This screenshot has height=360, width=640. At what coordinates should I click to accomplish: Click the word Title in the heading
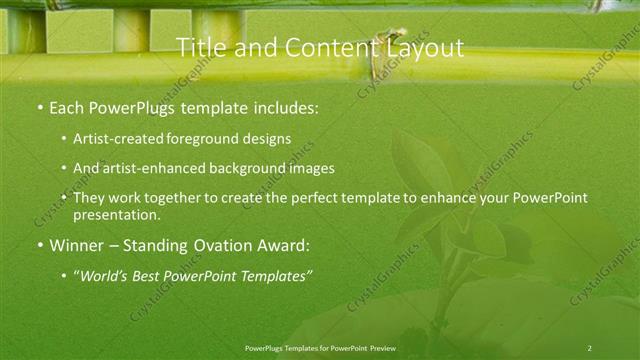coord(199,47)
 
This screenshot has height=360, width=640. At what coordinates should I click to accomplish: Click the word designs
coord(266,139)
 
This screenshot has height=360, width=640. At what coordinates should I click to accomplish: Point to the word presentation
coord(116,214)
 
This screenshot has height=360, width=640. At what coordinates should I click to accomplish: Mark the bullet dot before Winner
coord(39,245)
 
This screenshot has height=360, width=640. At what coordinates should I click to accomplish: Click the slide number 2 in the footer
coord(589,347)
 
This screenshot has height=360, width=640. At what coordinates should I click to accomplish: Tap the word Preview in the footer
coord(381,347)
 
